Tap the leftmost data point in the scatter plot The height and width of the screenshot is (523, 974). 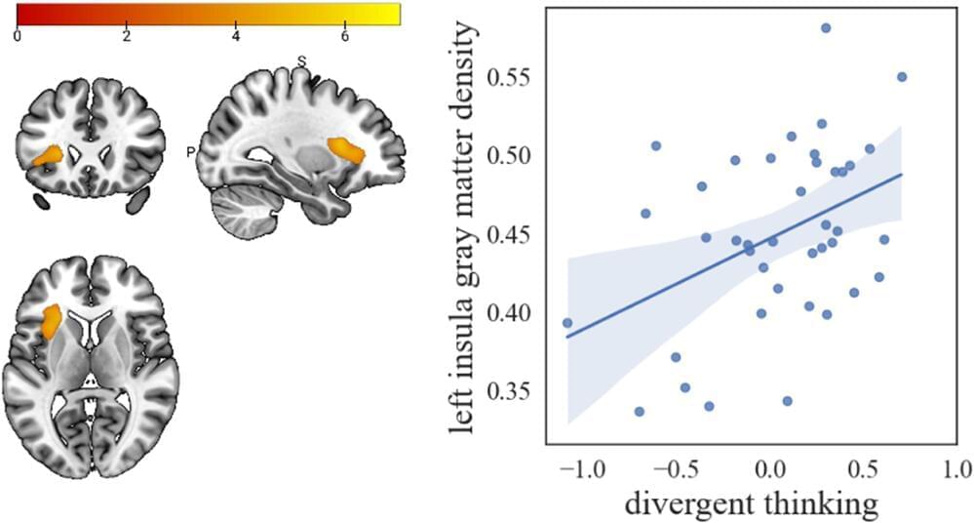coord(567,323)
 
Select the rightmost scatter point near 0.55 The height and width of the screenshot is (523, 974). coord(902,76)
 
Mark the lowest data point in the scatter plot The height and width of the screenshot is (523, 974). coord(640,412)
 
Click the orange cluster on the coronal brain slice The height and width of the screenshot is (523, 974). coord(48,154)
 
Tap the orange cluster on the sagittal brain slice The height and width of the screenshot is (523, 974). coord(346,150)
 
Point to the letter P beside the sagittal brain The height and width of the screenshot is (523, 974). coord(191,152)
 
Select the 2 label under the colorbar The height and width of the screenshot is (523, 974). coord(126,36)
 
